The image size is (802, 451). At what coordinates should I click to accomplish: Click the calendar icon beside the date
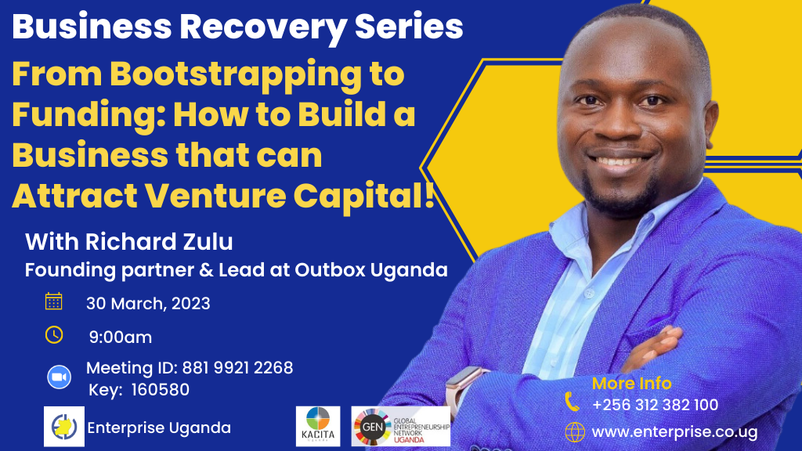(x=54, y=301)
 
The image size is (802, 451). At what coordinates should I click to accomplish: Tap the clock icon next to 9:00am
(x=54, y=335)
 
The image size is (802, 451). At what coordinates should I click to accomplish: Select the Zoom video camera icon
(x=60, y=377)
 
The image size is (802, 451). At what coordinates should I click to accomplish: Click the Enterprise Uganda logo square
(x=64, y=427)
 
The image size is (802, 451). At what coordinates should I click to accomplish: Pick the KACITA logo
(x=318, y=427)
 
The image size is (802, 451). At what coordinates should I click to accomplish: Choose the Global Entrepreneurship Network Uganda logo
(x=400, y=427)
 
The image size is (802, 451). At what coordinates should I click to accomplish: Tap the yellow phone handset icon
(x=572, y=402)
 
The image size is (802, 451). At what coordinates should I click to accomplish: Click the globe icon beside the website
(x=575, y=432)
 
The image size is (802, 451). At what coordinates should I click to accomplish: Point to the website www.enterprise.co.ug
(x=674, y=432)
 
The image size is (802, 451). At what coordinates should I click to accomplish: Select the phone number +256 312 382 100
(x=656, y=405)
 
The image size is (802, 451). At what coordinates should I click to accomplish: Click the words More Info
(x=632, y=383)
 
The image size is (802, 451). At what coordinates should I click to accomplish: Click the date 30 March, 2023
(x=148, y=304)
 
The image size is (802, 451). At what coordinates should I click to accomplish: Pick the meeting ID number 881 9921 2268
(x=238, y=368)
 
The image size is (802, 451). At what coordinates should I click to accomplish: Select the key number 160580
(x=161, y=390)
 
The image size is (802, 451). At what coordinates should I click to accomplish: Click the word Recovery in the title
(x=263, y=27)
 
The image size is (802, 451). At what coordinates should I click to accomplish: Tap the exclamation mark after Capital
(x=430, y=194)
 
